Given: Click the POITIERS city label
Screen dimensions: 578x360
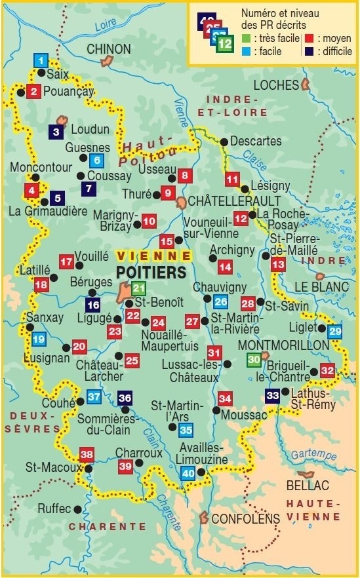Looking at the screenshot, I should point(150,271).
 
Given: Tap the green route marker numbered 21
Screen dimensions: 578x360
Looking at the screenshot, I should point(138,288).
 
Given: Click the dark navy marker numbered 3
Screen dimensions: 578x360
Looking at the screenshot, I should point(56,132).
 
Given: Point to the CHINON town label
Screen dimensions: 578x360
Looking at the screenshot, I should point(109,49).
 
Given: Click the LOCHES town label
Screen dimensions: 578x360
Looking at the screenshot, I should point(275,85).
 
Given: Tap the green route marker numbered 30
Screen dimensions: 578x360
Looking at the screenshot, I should point(254,359).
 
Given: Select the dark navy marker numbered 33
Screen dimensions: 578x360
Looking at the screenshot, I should point(273,395).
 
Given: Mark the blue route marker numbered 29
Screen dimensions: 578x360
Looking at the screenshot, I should point(335,332).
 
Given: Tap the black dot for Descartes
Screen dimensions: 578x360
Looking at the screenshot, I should point(224,142).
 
